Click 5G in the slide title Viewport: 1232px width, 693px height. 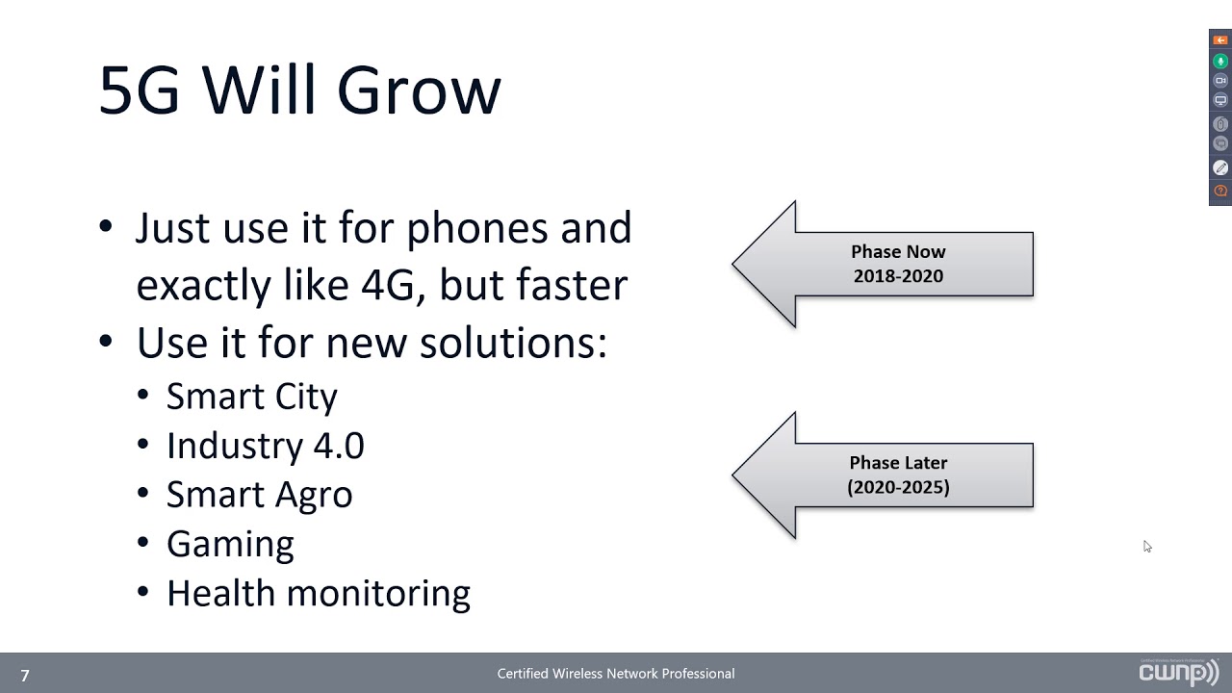click(140, 91)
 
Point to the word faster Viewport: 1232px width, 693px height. click(572, 285)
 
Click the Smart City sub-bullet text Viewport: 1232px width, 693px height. click(251, 397)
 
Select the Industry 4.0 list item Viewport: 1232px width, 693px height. click(265, 446)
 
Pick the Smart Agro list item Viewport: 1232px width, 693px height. click(259, 495)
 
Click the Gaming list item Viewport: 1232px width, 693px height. click(230, 544)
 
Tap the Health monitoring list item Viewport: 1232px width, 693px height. click(318, 593)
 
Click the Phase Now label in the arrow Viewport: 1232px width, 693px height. click(898, 252)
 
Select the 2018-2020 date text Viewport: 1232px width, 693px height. click(898, 276)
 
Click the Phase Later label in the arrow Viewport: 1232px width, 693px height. click(898, 463)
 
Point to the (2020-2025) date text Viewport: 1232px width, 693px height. click(898, 487)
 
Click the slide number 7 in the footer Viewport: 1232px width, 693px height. click(25, 676)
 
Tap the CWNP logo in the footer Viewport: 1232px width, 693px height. click(1178, 672)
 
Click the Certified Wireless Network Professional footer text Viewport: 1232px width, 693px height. click(616, 674)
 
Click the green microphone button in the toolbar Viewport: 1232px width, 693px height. click(1220, 61)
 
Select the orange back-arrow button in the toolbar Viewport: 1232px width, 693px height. click(1220, 40)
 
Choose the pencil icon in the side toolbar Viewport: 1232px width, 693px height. click(1220, 167)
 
